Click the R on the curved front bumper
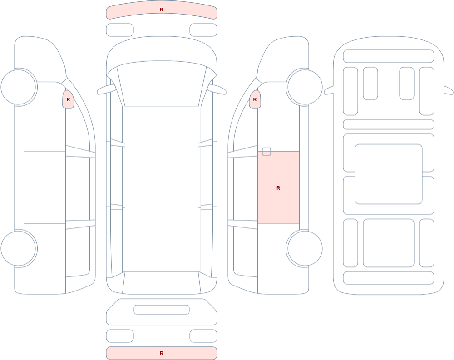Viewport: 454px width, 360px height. point(162,10)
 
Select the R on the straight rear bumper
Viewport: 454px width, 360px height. point(162,353)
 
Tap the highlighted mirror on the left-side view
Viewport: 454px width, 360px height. point(69,99)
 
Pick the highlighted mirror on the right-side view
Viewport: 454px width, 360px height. point(255,99)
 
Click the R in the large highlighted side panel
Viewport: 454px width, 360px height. point(278,188)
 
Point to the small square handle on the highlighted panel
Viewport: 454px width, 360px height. point(266,152)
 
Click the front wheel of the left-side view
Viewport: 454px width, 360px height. point(19,87)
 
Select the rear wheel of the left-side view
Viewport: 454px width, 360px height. point(19,248)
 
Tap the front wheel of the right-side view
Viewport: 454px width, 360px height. point(305,87)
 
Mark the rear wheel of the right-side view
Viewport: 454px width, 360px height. point(305,248)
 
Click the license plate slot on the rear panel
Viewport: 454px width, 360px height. point(162,310)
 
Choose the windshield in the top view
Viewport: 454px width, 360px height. point(162,84)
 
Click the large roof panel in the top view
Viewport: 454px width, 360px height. point(162,189)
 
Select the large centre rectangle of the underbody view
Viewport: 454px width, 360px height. point(389,174)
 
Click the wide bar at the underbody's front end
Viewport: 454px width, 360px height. point(389,56)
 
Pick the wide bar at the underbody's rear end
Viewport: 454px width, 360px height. point(389,278)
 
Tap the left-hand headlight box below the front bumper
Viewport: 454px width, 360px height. point(120,30)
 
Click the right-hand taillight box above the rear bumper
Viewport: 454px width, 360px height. point(203,336)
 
